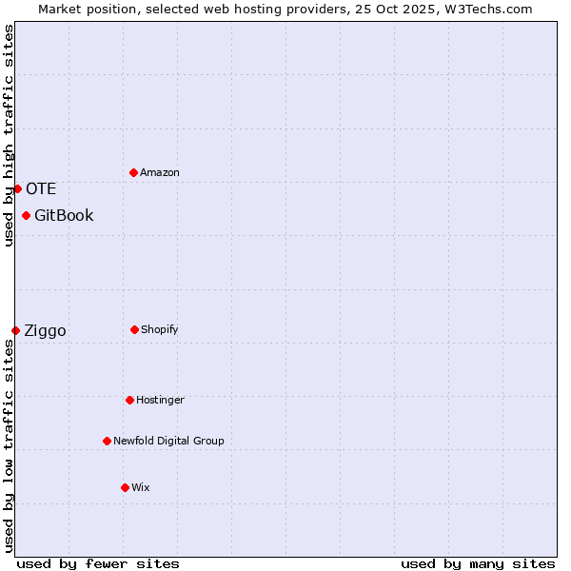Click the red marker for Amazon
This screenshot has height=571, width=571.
coord(133,172)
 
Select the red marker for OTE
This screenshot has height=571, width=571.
coord(17,188)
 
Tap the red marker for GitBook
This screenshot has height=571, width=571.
coord(26,215)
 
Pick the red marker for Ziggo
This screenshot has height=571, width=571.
coord(15,330)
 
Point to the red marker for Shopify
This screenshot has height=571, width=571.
coord(134,329)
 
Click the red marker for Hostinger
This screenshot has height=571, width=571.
coord(129,400)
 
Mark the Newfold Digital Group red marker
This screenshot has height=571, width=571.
coord(107,441)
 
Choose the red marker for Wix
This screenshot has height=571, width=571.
coord(125,487)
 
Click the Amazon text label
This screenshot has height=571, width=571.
coord(160,172)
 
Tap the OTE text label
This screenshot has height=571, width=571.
coord(41,188)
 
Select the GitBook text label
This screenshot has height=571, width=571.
coord(64,215)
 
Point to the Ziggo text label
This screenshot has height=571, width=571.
coord(45,330)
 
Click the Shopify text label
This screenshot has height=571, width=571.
coord(160,329)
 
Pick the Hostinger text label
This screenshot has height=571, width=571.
coord(160,400)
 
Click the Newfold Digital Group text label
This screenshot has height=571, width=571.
coord(168,441)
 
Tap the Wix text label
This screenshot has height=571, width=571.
coord(141,487)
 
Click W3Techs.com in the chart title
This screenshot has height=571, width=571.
coord(485,9)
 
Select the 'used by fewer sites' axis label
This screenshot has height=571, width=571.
coord(98,563)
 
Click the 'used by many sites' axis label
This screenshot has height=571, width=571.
coord(478,563)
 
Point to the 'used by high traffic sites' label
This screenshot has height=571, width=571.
coord(9,135)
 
